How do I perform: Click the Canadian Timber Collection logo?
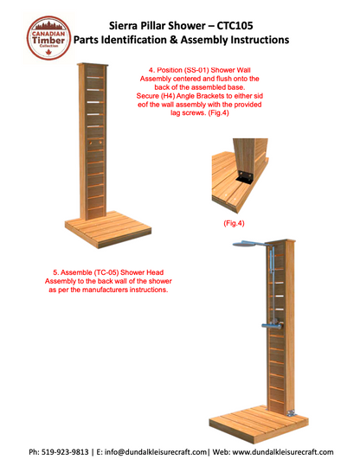click(x=48, y=38)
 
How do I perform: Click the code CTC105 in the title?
click(x=235, y=26)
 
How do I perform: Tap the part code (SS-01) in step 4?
click(x=196, y=70)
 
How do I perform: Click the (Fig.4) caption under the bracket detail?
click(x=234, y=223)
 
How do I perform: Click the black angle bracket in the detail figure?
click(x=245, y=177)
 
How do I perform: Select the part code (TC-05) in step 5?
click(x=106, y=272)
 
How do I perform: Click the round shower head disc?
click(x=247, y=245)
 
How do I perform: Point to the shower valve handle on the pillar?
click(x=272, y=326)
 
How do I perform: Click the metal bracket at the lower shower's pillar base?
click(x=291, y=413)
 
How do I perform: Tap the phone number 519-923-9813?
click(x=65, y=452)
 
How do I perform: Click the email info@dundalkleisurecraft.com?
click(x=155, y=452)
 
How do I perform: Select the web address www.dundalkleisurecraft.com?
click(x=283, y=452)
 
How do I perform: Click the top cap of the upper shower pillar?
click(x=93, y=64)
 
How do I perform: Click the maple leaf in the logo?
click(x=48, y=52)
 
